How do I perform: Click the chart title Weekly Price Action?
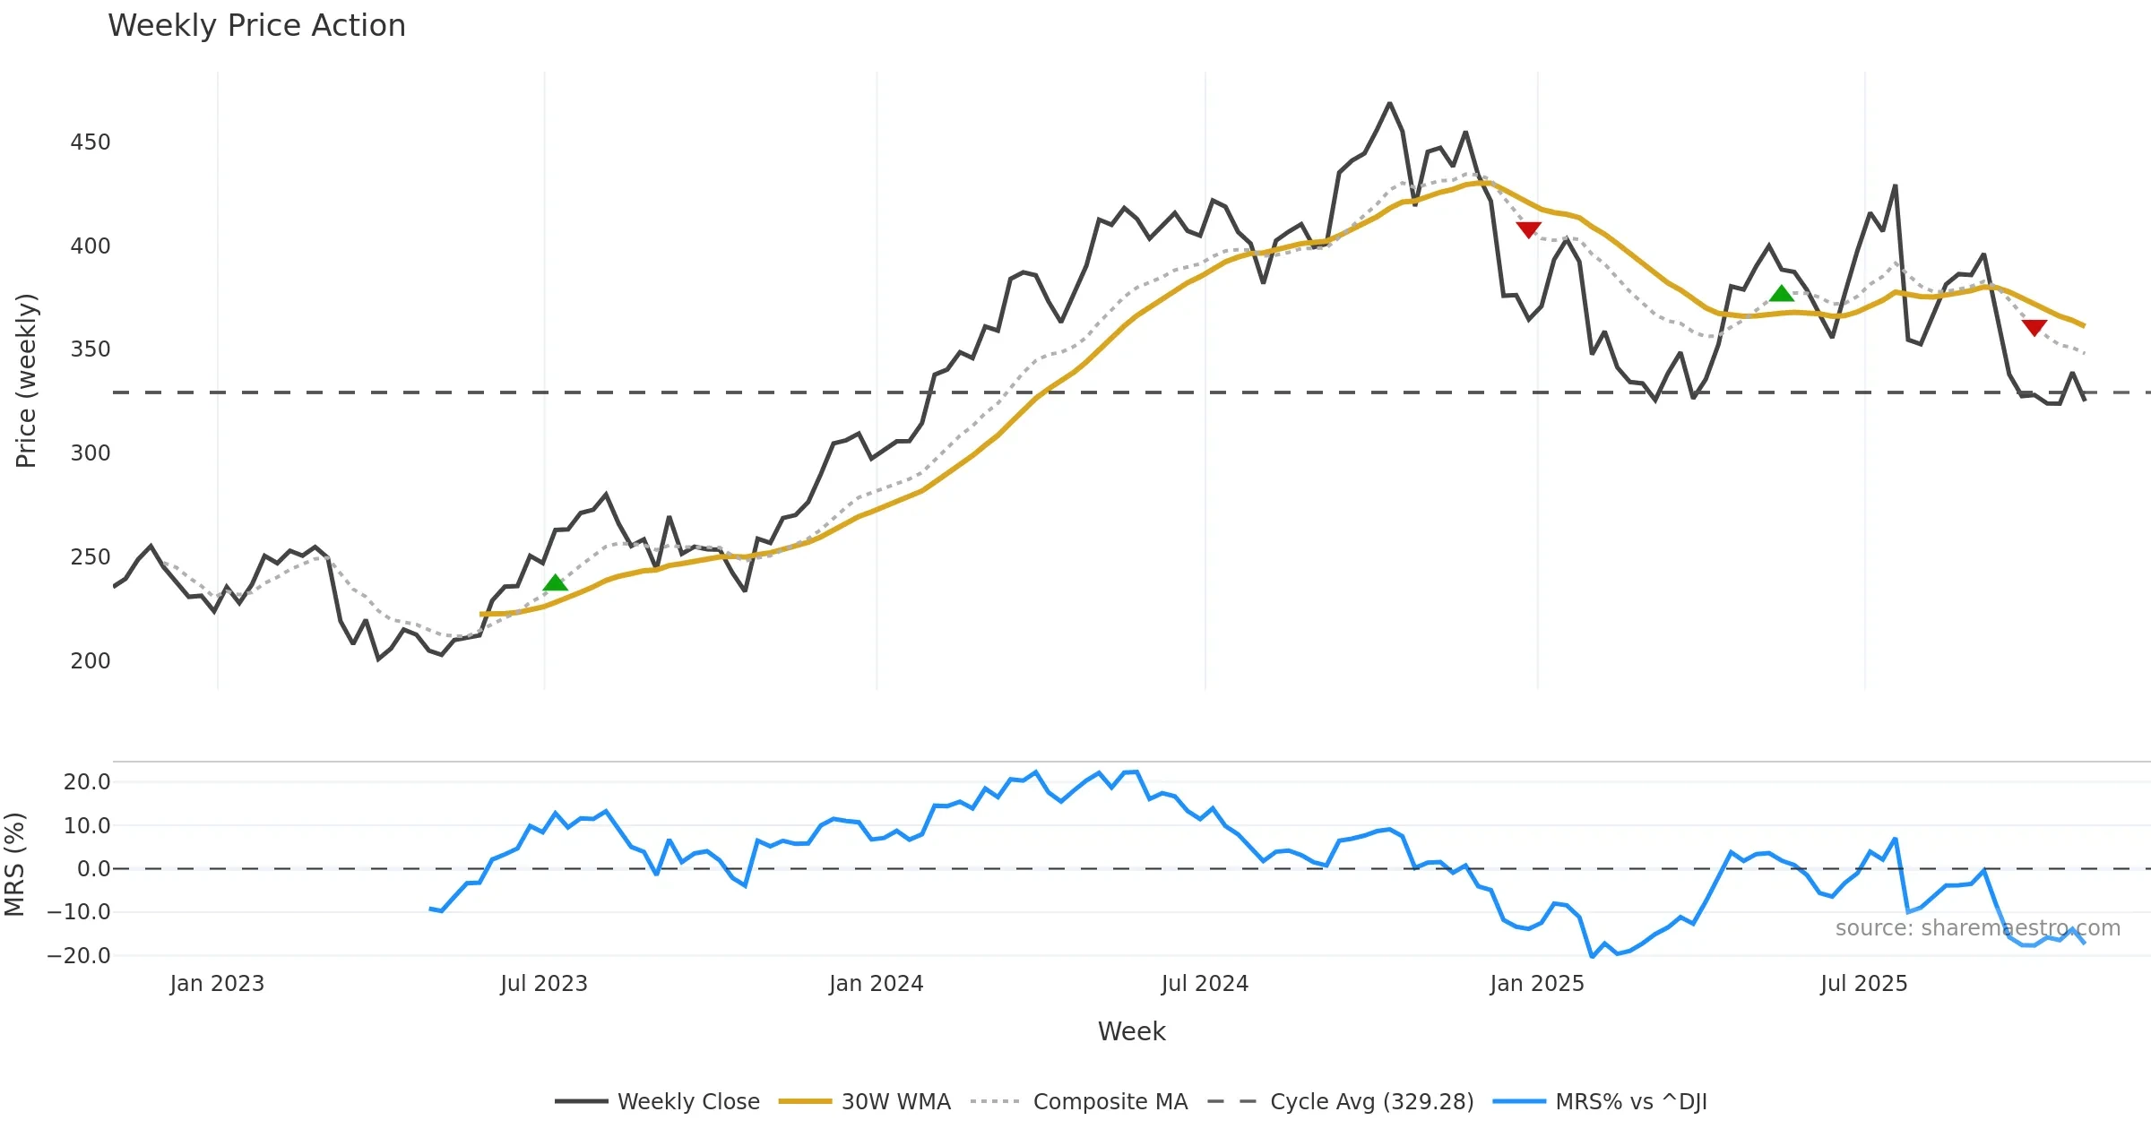[x=256, y=26]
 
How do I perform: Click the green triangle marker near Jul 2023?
[x=556, y=583]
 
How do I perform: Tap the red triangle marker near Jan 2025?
[x=1529, y=229]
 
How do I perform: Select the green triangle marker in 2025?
[x=1782, y=294]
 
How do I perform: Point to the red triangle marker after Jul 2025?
[x=2034, y=327]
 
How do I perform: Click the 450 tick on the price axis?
[x=91, y=142]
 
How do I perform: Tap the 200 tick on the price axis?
[x=91, y=661]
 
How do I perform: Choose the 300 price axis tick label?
[x=91, y=453]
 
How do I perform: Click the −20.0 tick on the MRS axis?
[x=79, y=956]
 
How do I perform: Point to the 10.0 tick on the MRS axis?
[x=87, y=826]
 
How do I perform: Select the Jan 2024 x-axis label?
[x=876, y=984]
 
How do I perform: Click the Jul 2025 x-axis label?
[x=1863, y=984]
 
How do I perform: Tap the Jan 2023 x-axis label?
[x=217, y=984]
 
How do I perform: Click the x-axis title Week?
[x=1131, y=1031]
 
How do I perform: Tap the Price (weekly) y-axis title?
[x=26, y=381]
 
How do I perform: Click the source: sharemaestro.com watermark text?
[x=1977, y=928]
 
